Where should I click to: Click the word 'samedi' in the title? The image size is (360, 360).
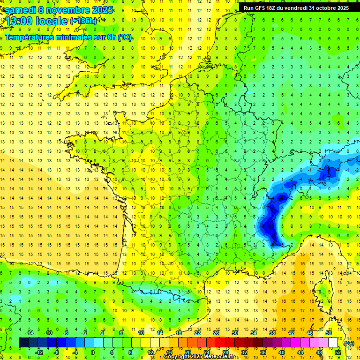click(20, 9)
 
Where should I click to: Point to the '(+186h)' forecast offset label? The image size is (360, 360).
click(83, 21)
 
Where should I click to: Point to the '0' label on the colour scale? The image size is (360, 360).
click(92, 352)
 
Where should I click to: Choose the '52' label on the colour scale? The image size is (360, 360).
click(338, 352)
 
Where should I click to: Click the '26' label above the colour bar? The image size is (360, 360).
click(216, 332)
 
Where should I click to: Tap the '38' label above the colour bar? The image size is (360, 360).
click(272, 332)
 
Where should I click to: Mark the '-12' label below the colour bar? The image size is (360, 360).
click(39, 352)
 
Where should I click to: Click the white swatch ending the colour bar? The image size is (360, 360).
click(333, 343)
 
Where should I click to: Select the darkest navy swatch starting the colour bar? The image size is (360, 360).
click(23, 343)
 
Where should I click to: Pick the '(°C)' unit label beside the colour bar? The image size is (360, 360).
click(349, 343)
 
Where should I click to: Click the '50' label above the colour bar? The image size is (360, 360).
click(329, 332)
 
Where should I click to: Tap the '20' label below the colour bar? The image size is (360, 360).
click(187, 352)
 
